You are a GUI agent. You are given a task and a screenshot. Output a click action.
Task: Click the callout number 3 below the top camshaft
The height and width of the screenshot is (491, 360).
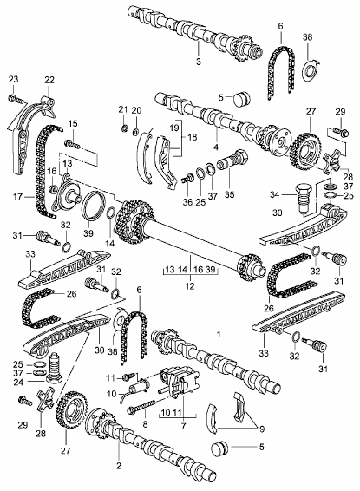pyautogui.click(x=199, y=64)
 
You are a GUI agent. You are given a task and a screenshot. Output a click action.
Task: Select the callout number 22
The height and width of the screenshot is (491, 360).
pyautogui.click(x=49, y=81)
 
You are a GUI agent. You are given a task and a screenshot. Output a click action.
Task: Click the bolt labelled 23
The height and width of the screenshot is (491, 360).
pyautogui.click(x=16, y=100)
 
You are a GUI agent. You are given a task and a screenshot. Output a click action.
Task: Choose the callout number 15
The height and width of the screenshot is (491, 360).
pyautogui.click(x=73, y=124)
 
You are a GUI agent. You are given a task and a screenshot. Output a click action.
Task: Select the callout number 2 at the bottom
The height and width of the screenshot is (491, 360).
pyautogui.click(x=118, y=467)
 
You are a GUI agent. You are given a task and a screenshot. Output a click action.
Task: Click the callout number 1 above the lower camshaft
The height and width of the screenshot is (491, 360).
pyautogui.click(x=219, y=333)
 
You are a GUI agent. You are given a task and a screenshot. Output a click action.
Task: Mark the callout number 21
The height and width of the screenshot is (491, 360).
pyautogui.click(x=122, y=108)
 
